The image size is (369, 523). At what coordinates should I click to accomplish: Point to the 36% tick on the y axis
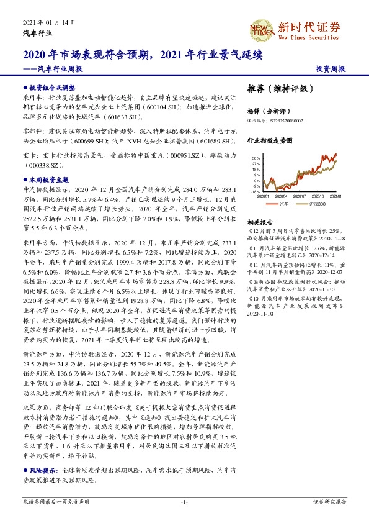tap(256, 158)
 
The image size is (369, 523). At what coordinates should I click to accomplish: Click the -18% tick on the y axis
tap(256, 192)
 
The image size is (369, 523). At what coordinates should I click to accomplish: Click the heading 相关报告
tap(257, 222)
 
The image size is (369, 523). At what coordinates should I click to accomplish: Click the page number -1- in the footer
tap(184, 501)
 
